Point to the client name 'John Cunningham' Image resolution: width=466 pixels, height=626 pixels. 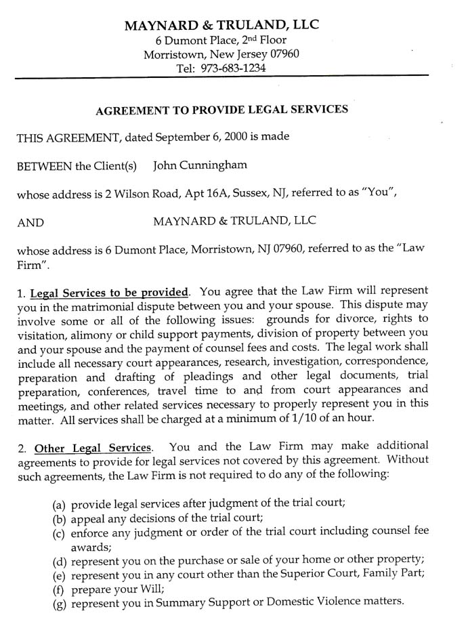click(x=200, y=165)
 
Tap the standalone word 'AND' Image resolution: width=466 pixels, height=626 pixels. click(x=30, y=222)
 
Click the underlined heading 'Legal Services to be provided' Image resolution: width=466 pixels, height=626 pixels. click(x=109, y=293)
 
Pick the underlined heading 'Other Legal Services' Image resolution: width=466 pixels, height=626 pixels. click(x=93, y=448)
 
